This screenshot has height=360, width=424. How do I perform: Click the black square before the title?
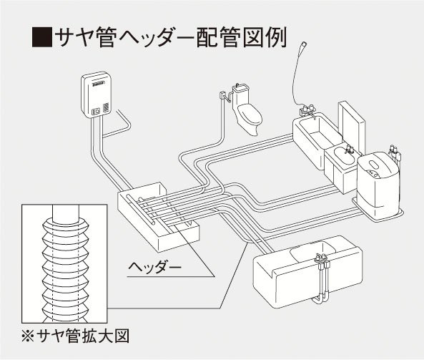coord(42,37)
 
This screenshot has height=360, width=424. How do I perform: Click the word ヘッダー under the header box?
coord(154,268)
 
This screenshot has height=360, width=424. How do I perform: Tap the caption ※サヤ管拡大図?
coord(76,336)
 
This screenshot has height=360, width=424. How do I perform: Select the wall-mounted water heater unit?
coord(97,94)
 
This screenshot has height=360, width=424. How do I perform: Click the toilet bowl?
coord(250,119)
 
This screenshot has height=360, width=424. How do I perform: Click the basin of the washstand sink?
coord(345,157)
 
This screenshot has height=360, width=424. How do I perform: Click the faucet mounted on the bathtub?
coord(307,110)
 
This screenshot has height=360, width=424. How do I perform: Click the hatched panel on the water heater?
coord(107,107)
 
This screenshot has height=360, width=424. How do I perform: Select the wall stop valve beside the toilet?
coord(225,96)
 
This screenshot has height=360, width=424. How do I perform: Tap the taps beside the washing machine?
coord(395,152)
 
